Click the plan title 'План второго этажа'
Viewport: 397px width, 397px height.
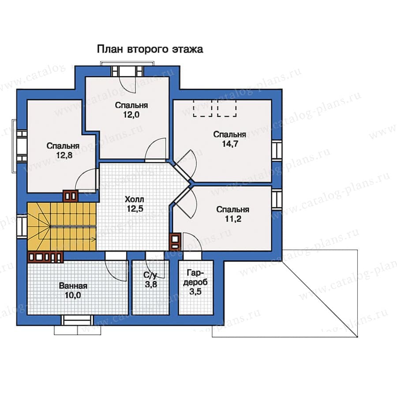pyautogui.click(x=150, y=49)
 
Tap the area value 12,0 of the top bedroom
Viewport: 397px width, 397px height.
pyautogui.click(x=131, y=115)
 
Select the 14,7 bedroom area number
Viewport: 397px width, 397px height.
pyautogui.click(x=230, y=144)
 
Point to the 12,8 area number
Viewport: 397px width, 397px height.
pyautogui.click(x=64, y=155)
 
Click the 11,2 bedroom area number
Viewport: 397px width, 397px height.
pyautogui.click(x=233, y=219)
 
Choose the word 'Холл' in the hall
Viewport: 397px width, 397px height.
pyautogui.click(x=135, y=199)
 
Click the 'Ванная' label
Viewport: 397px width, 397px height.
pyautogui.click(x=73, y=286)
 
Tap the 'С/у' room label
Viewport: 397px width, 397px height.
pyautogui.click(x=150, y=275)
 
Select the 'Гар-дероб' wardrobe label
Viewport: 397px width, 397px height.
pyautogui.click(x=195, y=277)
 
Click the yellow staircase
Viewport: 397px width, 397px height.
pyautogui.click(x=62, y=226)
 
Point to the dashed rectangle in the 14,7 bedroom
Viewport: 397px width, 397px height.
pyautogui.click(x=215, y=108)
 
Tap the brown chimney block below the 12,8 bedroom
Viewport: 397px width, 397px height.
pyautogui.click(x=71, y=196)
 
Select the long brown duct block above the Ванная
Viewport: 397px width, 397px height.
pyautogui.click(x=45, y=257)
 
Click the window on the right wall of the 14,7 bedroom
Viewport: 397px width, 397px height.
pyautogui.click(x=277, y=150)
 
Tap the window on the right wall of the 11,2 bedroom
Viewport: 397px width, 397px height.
pyautogui.click(x=277, y=199)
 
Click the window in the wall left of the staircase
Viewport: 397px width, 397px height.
pyautogui.click(x=22, y=226)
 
